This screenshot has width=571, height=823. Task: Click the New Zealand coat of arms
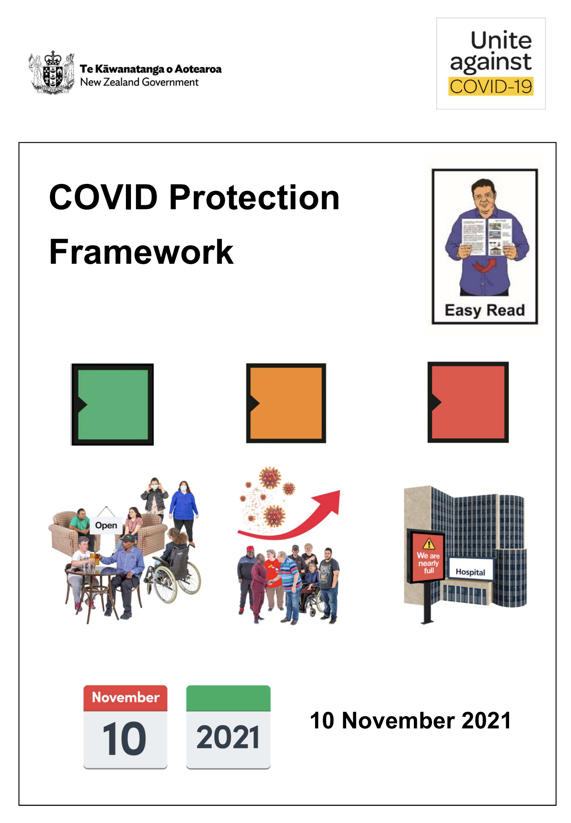pyautogui.click(x=51, y=73)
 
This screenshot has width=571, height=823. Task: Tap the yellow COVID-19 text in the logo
pyautogui.click(x=491, y=86)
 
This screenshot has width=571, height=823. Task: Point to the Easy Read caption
pyautogui.click(x=485, y=310)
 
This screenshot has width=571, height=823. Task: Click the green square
pyautogui.click(x=112, y=404)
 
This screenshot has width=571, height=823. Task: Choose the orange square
pyautogui.click(x=286, y=403)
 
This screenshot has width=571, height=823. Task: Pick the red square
pyautogui.click(x=468, y=402)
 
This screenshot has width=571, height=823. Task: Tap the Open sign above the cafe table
pyautogui.click(x=106, y=525)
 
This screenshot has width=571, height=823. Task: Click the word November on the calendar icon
pyautogui.click(x=125, y=697)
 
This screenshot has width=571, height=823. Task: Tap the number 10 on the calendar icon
pyautogui.click(x=124, y=738)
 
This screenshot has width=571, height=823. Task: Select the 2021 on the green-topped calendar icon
pyautogui.click(x=228, y=737)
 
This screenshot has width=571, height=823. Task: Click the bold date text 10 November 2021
pyautogui.click(x=411, y=720)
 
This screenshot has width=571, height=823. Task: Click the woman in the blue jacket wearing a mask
pyautogui.click(x=184, y=511)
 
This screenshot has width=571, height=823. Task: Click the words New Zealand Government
pyautogui.click(x=139, y=82)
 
